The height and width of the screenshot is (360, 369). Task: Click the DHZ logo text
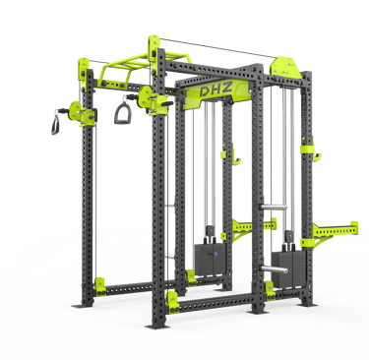(x=216, y=89)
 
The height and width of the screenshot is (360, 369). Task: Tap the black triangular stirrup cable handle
(x=123, y=112)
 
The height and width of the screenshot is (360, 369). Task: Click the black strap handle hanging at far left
(x=55, y=124)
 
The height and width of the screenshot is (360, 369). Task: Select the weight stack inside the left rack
(x=211, y=258)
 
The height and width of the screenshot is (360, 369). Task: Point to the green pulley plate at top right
(x=284, y=68)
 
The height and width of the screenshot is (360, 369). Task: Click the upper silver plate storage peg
(x=273, y=208)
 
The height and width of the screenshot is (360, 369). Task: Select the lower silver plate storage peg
(x=275, y=270)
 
